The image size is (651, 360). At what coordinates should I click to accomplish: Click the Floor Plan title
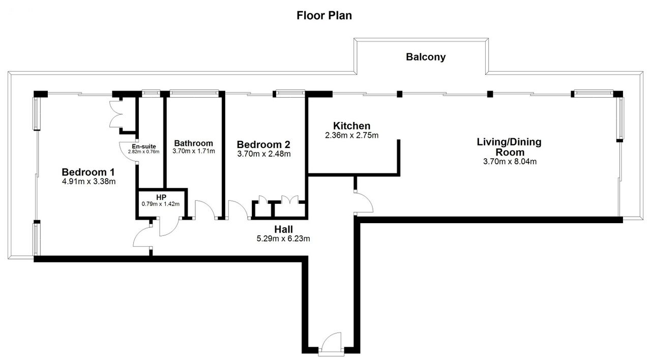(x=324, y=16)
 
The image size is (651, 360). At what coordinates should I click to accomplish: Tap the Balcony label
(x=426, y=57)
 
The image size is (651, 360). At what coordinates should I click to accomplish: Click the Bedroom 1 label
(x=88, y=172)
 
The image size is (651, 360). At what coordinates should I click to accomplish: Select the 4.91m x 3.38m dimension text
(x=88, y=182)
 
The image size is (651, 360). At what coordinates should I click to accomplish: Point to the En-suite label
(x=144, y=146)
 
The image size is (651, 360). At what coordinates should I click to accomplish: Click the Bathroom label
(x=194, y=143)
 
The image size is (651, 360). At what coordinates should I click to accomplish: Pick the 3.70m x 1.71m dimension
(x=194, y=151)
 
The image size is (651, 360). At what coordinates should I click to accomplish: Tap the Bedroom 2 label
(x=263, y=144)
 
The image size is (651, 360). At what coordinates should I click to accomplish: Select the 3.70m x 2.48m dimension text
(x=264, y=154)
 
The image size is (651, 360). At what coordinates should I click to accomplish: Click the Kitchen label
(x=351, y=126)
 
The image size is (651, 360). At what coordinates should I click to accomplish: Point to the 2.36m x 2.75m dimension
(x=351, y=135)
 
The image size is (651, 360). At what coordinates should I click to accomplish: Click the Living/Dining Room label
(x=510, y=147)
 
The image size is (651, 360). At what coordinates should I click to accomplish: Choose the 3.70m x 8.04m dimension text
(x=510, y=162)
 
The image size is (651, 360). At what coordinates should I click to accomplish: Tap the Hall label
(x=284, y=229)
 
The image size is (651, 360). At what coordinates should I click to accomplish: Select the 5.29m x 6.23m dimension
(x=283, y=239)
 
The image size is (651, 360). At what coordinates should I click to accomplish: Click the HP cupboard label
(x=161, y=198)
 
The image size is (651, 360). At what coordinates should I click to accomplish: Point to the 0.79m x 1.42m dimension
(x=161, y=204)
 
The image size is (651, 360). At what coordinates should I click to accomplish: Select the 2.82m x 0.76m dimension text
(x=143, y=152)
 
